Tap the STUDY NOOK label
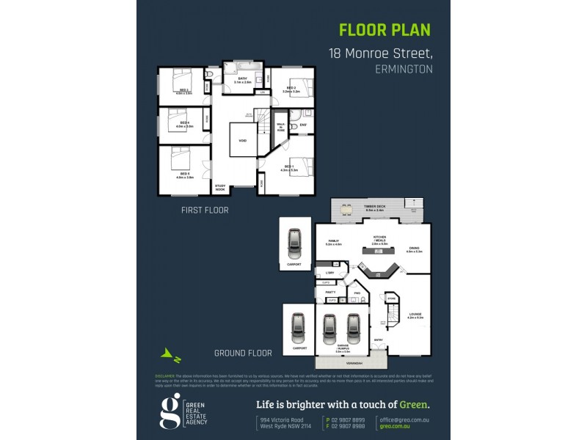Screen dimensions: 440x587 click(x=219, y=188)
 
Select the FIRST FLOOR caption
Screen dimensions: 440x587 click(x=205, y=210)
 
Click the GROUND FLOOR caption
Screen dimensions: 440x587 click(x=243, y=353)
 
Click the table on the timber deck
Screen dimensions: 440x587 click(x=366, y=213)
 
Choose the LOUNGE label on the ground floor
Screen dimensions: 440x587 click(x=417, y=315)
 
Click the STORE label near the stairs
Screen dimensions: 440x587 click(x=391, y=299)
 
